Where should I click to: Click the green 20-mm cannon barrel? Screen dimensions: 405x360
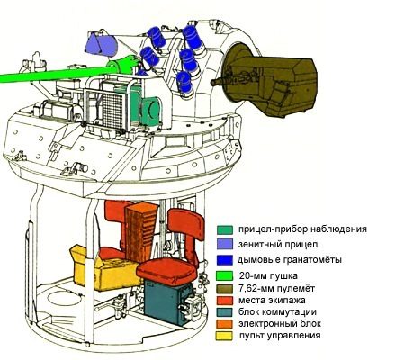pos(60,74)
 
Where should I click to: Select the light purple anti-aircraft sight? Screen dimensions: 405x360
pos(101,45)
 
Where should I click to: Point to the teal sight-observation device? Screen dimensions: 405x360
pos(143,102)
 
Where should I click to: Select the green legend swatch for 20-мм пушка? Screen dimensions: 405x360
pos(225,275)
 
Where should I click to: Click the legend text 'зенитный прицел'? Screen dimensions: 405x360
pos(278,245)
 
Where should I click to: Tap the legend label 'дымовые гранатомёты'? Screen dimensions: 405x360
pos(290,260)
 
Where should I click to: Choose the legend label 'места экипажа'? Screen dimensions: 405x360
pos(272,301)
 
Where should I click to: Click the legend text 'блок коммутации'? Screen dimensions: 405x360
pos(277,312)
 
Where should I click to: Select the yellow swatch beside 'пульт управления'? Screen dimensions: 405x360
pos(224,336)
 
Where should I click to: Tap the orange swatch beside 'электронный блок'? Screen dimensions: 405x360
pos(224,324)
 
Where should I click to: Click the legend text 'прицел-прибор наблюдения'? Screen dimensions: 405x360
pos(302,229)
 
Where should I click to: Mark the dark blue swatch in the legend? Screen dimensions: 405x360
pos(225,260)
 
